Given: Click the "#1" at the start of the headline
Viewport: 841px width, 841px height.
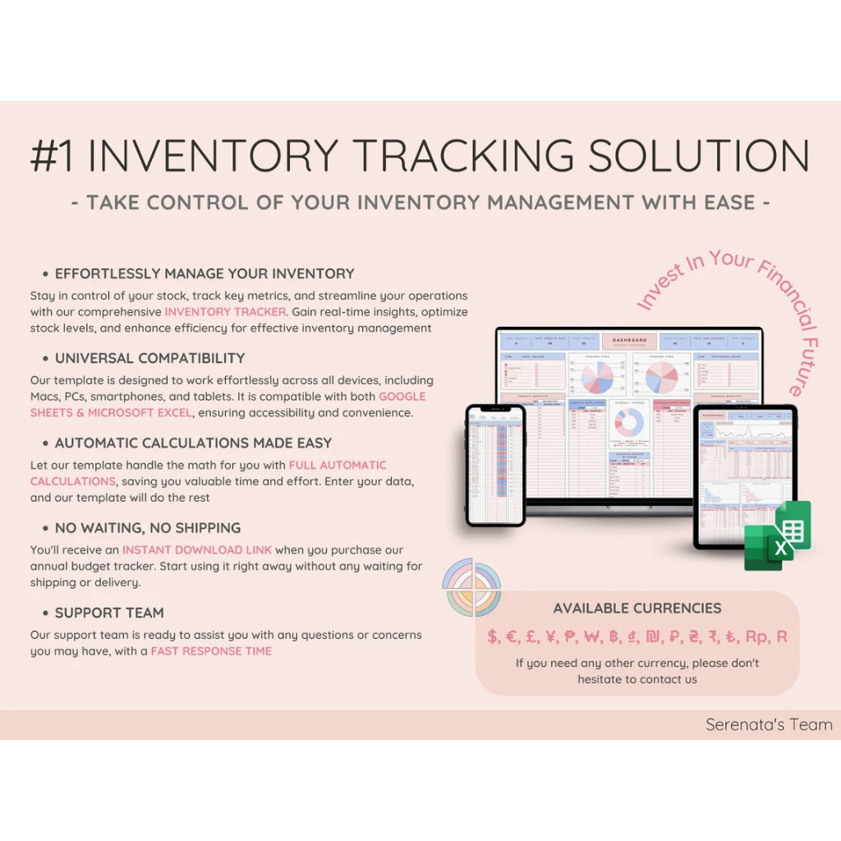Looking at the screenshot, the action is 54,156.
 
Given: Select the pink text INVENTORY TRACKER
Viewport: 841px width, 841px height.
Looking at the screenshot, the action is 226,312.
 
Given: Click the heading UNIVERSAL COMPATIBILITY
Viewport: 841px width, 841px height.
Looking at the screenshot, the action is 149,358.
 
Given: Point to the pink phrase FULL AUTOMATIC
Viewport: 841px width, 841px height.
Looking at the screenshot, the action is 338,466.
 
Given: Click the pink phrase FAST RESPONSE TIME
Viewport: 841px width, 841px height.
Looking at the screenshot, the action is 211,651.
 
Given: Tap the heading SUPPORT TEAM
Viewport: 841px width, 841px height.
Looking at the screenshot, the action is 109,613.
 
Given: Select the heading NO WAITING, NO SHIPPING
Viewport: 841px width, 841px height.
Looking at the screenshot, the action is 148,528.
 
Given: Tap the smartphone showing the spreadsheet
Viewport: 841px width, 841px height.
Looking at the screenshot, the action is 495,464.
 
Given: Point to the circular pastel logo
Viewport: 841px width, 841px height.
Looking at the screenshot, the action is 471,587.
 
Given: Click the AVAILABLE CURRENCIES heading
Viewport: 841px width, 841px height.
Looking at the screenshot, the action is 637,609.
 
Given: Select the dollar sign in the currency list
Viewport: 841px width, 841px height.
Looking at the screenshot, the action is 492,636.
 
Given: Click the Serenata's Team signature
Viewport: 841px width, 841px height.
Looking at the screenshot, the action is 769,724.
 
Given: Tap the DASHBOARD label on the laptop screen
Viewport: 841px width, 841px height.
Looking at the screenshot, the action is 629,340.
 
